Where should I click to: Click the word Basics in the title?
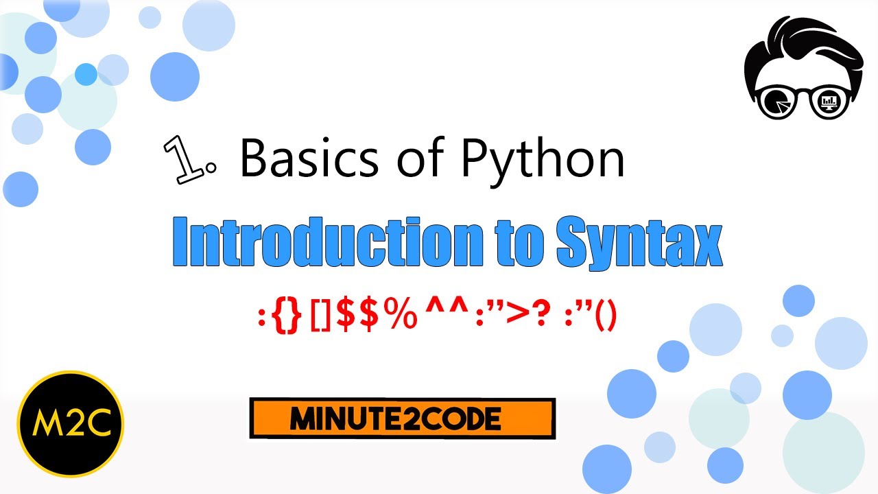click(309, 158)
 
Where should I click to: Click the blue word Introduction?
click(328, 242)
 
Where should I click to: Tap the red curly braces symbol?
click(287, 316)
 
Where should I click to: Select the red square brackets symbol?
click(320, 316)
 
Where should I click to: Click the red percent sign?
click(400, 314)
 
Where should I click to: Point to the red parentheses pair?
click(606, 315)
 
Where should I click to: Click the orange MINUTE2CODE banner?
click(403, 419)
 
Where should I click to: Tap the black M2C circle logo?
click(71, 424)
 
